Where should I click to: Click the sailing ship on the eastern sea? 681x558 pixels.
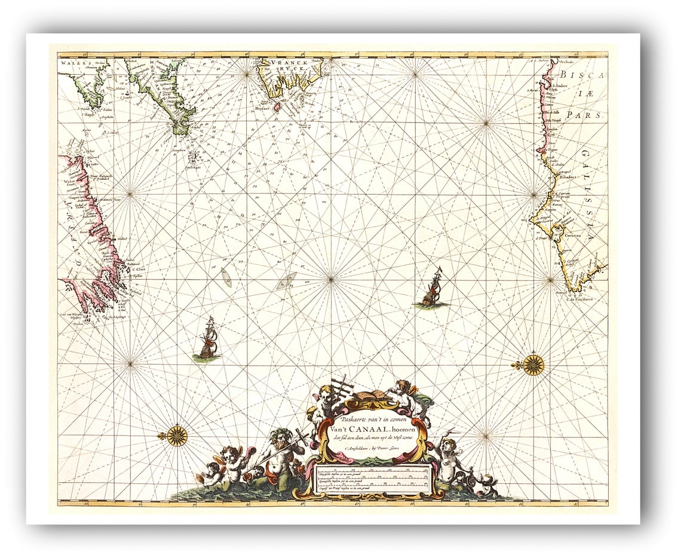[432, 289]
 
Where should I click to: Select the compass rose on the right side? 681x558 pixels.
[533, 364]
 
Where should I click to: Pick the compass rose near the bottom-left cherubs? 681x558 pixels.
[177, 436]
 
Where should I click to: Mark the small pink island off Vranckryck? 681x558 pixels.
[276, 108]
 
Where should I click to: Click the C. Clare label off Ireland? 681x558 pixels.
[138, 269]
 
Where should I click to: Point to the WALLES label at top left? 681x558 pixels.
[75, 62]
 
